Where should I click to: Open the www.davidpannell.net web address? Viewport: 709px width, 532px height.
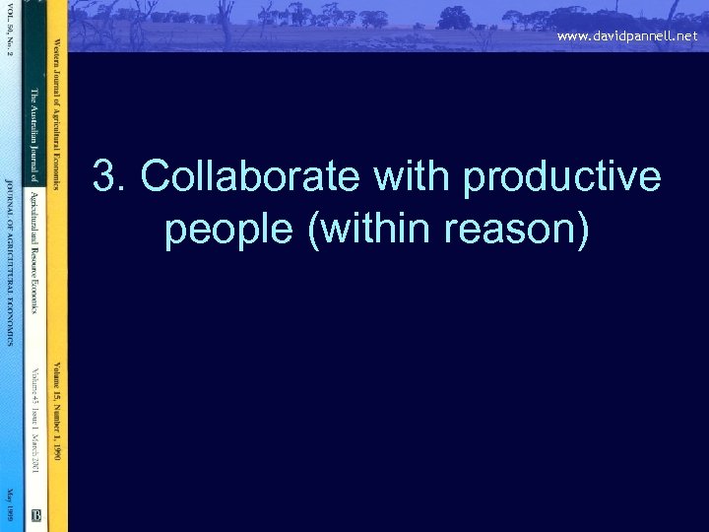(626, 35)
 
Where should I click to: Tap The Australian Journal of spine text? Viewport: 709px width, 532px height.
(32, 134)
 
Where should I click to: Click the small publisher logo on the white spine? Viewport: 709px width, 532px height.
(35, 513)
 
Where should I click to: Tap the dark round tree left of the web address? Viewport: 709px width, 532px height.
(455, 17)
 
